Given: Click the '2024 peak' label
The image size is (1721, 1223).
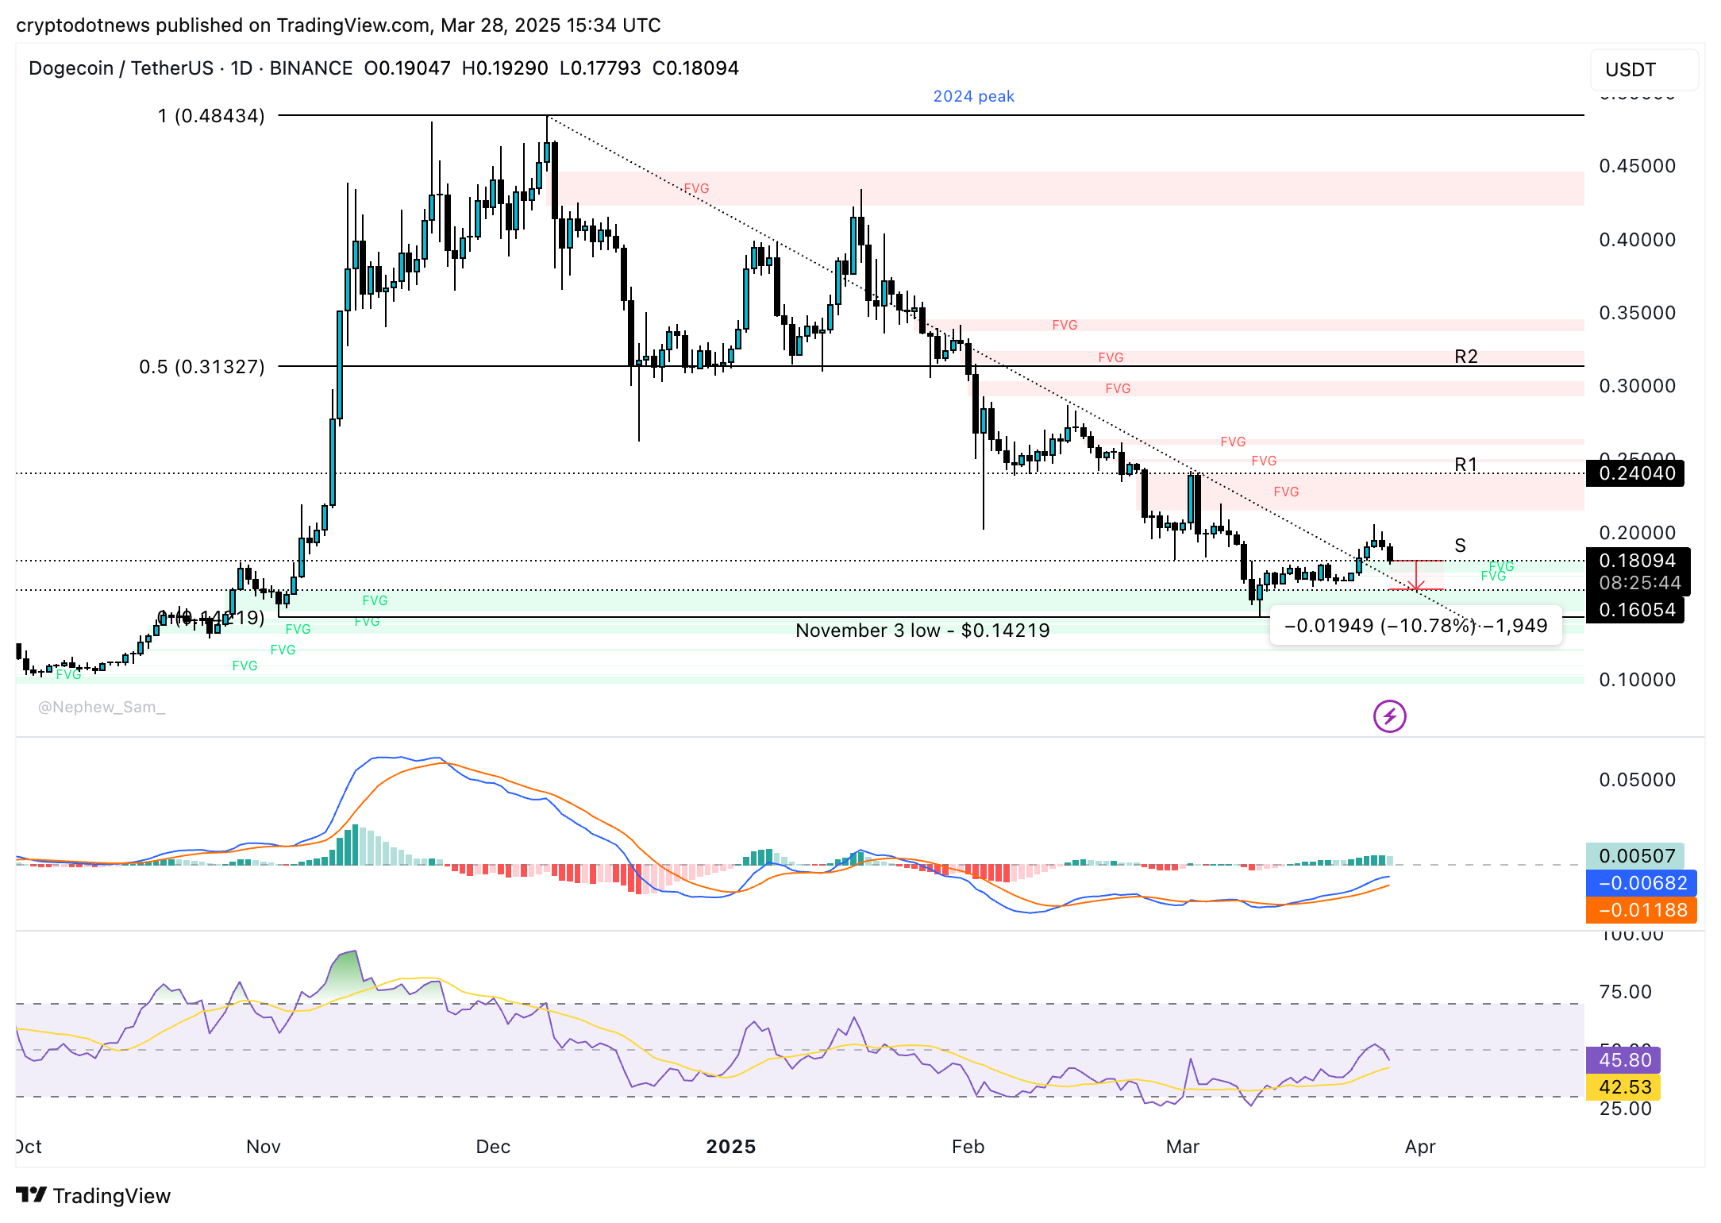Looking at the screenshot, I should coord(973,96).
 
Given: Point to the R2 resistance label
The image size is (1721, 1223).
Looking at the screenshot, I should coord(1465,357).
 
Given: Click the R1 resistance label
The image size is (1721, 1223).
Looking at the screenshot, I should coord(1465,465).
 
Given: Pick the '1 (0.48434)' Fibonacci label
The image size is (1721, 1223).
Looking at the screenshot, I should coord(211,116).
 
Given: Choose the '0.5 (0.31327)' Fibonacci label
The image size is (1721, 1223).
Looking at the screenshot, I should coord(202,367).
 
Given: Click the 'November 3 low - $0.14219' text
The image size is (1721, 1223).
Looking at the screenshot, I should coord(922,631).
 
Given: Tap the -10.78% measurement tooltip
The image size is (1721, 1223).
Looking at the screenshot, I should coord(1415,626).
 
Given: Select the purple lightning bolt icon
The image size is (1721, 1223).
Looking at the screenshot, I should coord(1389,716).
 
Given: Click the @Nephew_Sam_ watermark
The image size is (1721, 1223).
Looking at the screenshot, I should coord(102,707).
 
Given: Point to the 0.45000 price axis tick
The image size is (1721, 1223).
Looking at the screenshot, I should coord(1637,166).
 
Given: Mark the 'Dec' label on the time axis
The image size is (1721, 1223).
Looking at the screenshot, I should coord(492,1147).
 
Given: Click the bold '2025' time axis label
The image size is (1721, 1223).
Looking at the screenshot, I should coord(730,1147).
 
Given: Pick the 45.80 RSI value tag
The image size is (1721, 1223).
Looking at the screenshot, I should coord(1624,1060).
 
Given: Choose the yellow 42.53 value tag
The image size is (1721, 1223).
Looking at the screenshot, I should coord(1624,1087).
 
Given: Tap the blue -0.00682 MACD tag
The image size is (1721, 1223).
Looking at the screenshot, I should coord(1641,883).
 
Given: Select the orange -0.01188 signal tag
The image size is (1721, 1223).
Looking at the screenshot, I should coord(1641,910).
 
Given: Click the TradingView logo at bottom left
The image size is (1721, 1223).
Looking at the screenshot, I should coord(93,1196).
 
